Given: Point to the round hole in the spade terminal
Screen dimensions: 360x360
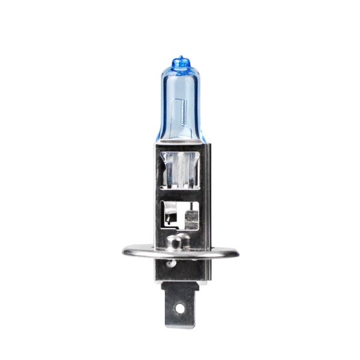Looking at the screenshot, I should [x=179, y=309].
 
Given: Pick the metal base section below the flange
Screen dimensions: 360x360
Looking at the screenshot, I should [x=180, y=270].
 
